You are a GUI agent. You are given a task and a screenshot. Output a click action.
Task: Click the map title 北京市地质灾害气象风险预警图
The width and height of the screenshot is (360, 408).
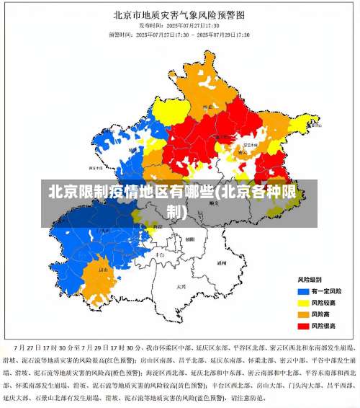(180, 14)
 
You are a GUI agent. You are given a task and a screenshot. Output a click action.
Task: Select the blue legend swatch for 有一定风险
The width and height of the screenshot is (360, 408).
(302, 291)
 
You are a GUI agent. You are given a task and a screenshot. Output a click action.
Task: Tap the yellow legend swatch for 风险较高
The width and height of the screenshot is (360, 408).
(302, 302)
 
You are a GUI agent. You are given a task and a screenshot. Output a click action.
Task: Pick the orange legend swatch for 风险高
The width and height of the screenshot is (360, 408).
(302, 314)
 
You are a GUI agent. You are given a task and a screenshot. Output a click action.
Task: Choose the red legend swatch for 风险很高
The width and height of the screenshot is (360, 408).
(302, 326)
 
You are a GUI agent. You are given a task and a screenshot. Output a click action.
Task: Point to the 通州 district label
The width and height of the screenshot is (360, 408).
(222, 263)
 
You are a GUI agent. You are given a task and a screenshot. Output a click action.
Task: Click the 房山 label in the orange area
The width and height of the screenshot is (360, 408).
(103, 270)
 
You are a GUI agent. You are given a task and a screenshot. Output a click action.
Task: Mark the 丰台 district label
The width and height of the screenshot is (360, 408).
(170, 249)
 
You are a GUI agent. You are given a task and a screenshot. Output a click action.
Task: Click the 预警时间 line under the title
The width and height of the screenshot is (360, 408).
(180, 34)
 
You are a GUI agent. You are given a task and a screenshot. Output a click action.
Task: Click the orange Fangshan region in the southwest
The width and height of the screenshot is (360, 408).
(97, 281)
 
